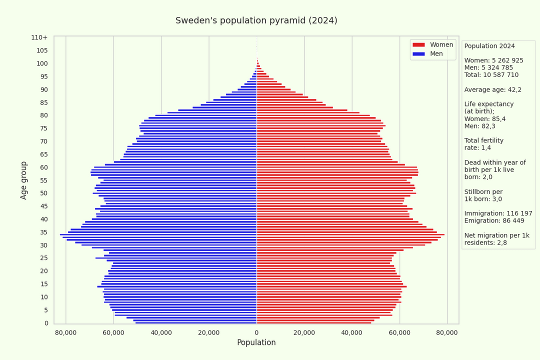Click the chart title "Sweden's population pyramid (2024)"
[x=256, y=20]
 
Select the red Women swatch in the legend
[x=418, y=45]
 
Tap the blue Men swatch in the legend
[x=418, y=54]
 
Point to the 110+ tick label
[x=39, y=37]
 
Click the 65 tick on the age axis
[x=44, y=154]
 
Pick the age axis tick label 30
[x=44, y=245]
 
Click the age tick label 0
[x=46, y=323]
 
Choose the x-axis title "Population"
[x=256, y=342]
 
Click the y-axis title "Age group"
[x=24, y=180]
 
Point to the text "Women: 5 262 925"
[x=493, y=60]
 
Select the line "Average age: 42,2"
[x=492, y=89]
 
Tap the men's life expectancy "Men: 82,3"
[x=481, y=126]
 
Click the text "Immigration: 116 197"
[x=498, y=213]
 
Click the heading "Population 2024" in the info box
[x=489, y=46]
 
